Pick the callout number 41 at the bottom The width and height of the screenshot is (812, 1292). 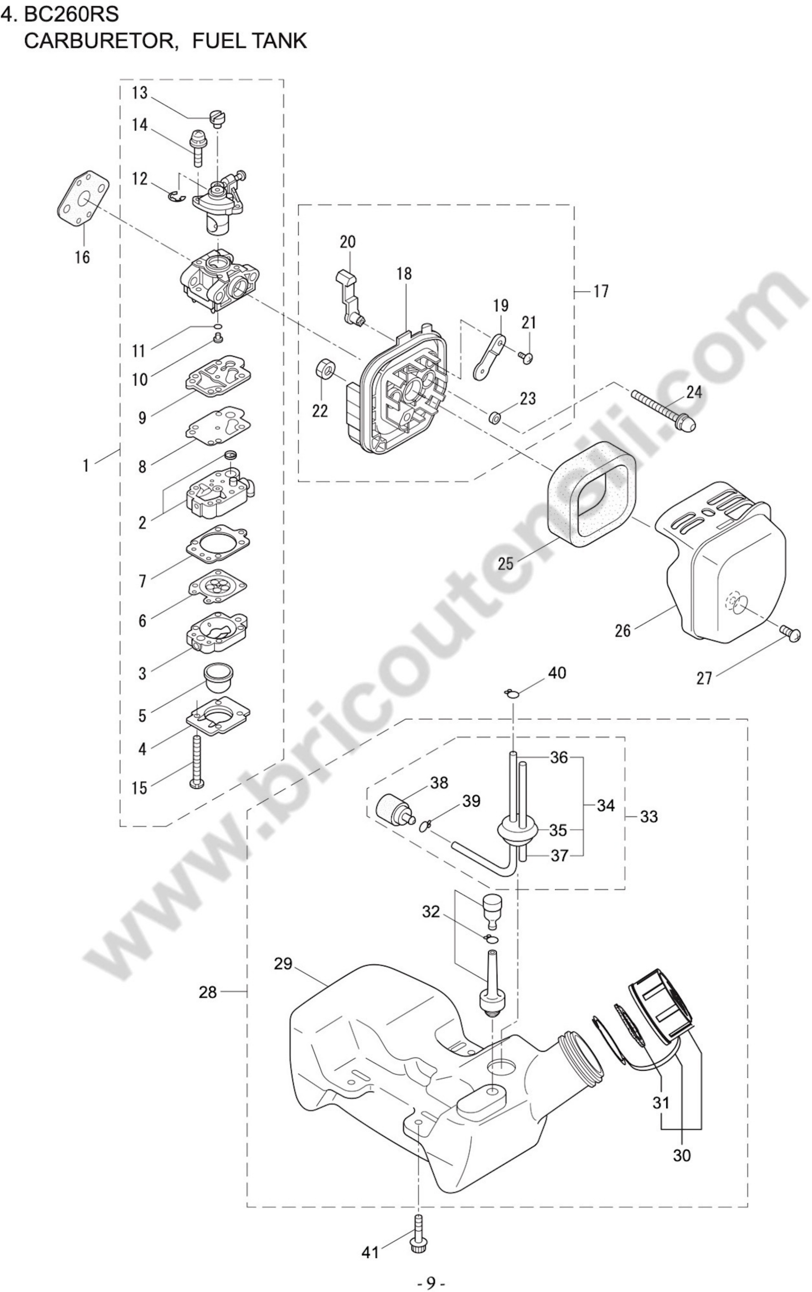click(370, 1253)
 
